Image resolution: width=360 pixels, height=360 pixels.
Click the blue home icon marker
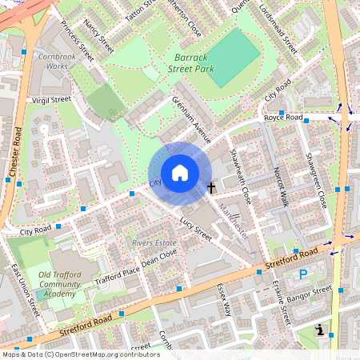tap(180, 173)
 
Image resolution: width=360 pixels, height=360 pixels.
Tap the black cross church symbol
tap(211, 188)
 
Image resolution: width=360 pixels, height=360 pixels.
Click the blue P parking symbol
tap(302, 274)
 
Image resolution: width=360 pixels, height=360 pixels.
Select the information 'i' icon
tap(320, 330)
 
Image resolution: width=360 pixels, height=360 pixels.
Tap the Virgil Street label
tap(50, 101)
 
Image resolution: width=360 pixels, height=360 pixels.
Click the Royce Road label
tap(283, 118)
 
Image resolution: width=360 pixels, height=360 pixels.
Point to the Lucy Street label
tap(195, 229)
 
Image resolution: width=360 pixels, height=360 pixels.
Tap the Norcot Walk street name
tap(281, 186)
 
